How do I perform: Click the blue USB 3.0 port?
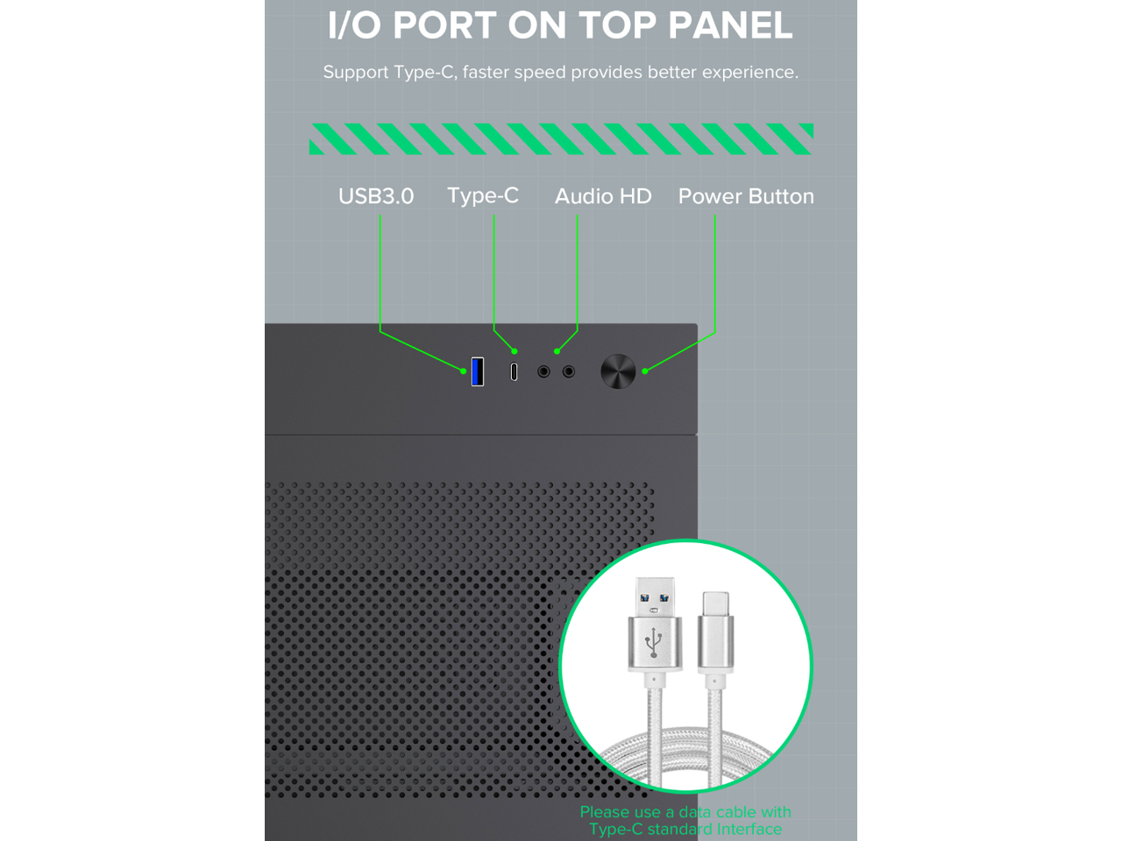coord(477,371)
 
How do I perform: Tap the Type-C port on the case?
coord(514,371)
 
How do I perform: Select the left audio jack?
coord(543,371)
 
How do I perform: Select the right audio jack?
coord(568,371)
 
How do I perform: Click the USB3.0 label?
coord(376,196)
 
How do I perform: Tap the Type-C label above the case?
coord(482,195)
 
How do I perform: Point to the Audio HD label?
coord(603,196)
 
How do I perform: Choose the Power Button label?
coord(746,196)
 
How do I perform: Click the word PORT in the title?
coord(444,25)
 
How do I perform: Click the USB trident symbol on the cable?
coord(653,642)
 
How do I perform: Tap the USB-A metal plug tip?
coord(655,597)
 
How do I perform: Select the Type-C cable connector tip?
coord(715,604)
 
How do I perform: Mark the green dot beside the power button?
coord(645,371)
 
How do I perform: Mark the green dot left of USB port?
coord(463,371)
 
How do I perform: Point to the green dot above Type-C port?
coord(515,351)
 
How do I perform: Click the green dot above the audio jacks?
coord(557,351)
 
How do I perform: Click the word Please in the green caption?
coord(604,812)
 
